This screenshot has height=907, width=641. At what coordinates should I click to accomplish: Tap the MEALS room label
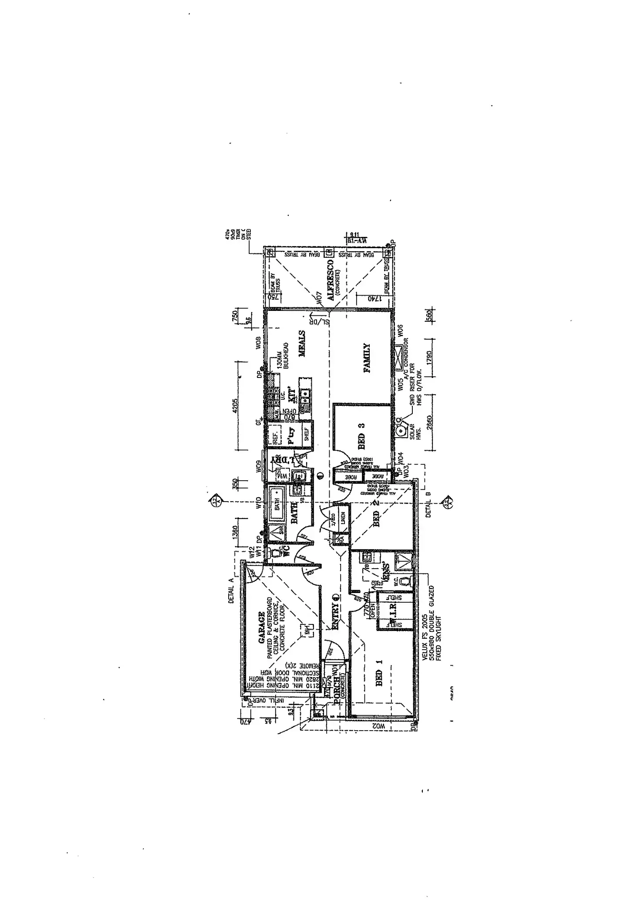[302, 344]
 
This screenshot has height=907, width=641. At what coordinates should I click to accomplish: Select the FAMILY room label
[367, 358]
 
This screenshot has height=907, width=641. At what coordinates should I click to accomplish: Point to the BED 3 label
[361, 436]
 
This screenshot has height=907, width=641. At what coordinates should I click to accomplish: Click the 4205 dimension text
[236, 408]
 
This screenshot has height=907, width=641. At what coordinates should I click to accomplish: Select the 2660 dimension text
[430, 423]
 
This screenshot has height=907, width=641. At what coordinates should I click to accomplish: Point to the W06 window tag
[401, 330]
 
